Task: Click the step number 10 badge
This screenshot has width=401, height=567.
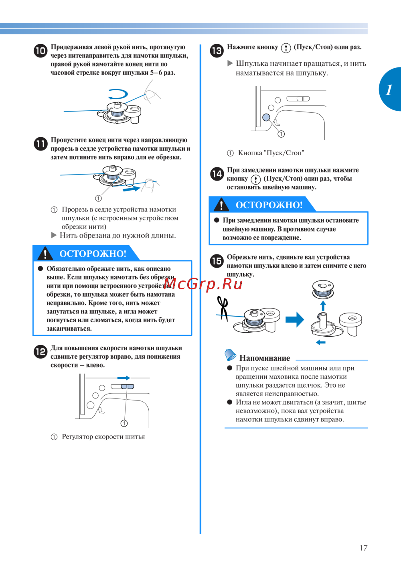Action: [x=41, y=51]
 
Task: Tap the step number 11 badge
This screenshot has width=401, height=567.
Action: [x=41, y=144]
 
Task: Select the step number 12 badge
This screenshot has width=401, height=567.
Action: [x=41, y=352]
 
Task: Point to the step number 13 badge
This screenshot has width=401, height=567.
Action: [x=217, y=51]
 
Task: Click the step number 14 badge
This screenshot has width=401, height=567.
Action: [x=217, y=174]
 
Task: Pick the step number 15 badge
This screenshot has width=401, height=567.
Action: [x=217, y=261]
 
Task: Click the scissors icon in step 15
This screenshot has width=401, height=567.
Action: [x=223, y=308]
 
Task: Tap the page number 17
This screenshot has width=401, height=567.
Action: [x=363, y=548]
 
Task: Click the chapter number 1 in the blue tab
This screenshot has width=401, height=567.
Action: [x=389, y=89]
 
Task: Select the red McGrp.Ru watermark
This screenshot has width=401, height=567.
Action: [x=203, y=284]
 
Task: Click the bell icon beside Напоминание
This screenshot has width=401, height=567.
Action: [x=230, y=355]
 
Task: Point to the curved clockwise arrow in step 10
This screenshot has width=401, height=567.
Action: [x=118, y=95]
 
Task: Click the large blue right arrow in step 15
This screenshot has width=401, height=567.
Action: [x=295, y=319]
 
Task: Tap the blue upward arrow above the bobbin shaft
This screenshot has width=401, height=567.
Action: [x=323, y=306]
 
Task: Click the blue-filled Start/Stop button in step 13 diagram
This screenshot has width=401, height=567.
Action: [x=266, y=117]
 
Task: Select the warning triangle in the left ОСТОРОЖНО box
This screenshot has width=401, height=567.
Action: [x=45, y=254]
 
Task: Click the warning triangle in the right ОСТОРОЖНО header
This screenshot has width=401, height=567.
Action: [x=221, y=205]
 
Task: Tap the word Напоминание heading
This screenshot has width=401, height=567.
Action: [x=265, y=358]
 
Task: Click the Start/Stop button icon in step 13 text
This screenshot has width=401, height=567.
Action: [x=286, y=48]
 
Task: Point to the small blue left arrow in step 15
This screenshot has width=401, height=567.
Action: [x=321, y=342]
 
